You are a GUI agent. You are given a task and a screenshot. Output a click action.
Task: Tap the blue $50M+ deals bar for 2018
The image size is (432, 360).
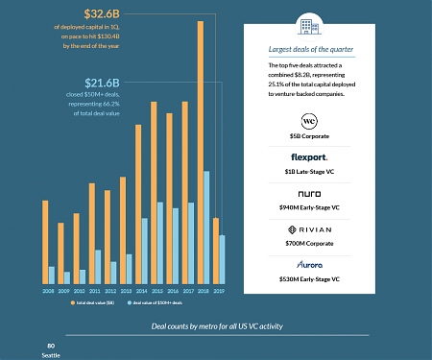[x=206, y=228]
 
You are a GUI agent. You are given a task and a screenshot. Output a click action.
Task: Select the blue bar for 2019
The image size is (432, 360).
[x=222, y=259]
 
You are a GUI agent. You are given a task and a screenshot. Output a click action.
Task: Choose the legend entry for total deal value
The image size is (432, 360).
[x=93, y=302]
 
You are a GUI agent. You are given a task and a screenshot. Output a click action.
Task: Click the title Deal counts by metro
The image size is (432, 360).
[x=217, y=326]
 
